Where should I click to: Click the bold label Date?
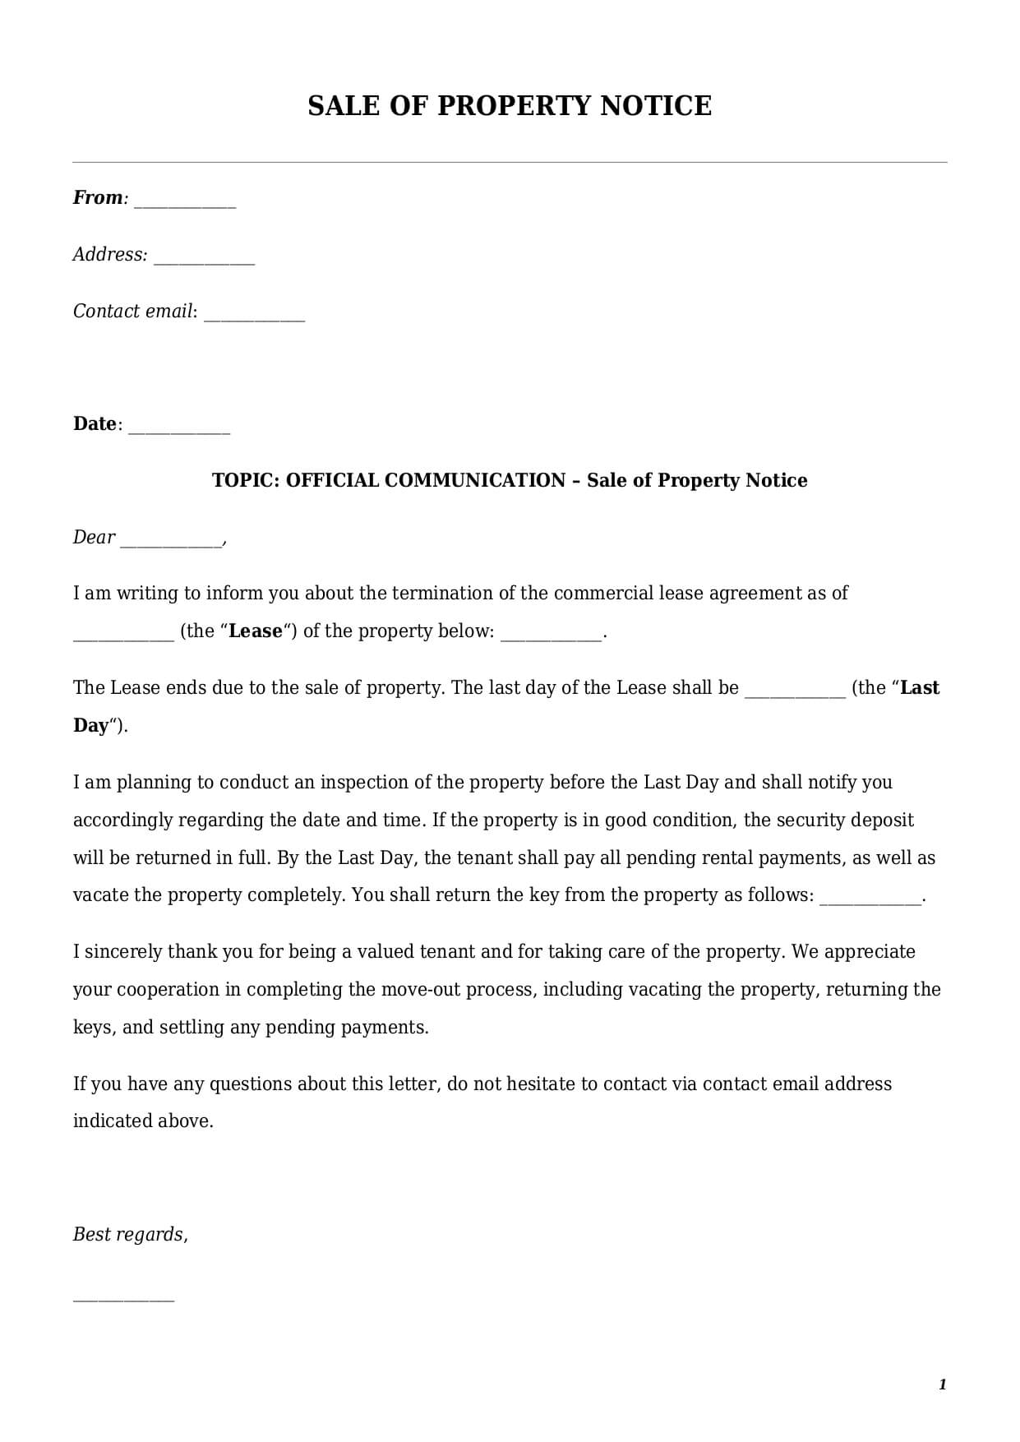[x=95, y=424]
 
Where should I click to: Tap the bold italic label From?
[x=97, y=198]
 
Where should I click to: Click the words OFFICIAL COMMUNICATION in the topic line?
[x=426, y=481]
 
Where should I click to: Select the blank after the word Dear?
[x=171, y=543]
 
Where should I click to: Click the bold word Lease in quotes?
[x=255, y=631]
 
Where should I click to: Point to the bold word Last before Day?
[x=920, y=688]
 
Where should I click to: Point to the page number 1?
[x=942, y=1385]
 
